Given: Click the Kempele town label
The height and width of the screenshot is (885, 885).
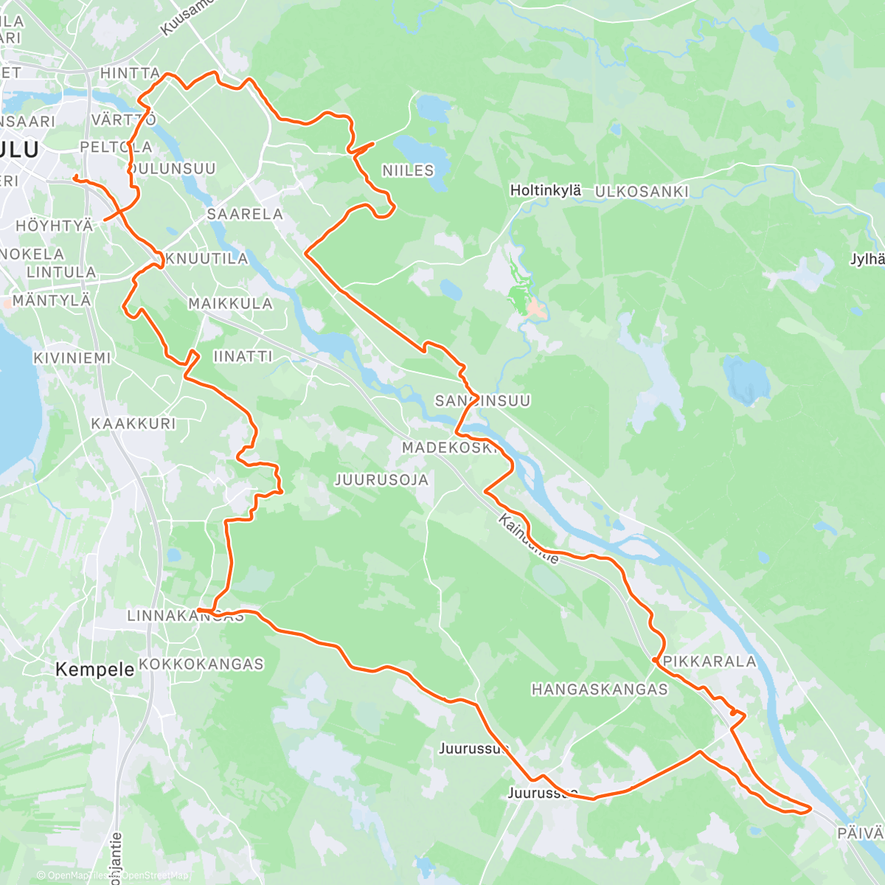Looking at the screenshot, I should point(95,670).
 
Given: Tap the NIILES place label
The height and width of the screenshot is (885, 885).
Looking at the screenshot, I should point(408,170).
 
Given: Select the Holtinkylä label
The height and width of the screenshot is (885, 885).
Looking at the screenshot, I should point(546,190).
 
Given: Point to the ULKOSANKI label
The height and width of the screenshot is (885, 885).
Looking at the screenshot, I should point(642,192).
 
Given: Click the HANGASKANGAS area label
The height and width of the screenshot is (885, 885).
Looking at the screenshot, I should point(600,690).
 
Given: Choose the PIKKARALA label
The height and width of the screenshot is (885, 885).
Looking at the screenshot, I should point(709,662).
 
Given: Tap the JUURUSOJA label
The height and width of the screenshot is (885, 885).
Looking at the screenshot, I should point(381,480).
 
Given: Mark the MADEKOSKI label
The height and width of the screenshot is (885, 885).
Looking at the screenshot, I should point(450,448).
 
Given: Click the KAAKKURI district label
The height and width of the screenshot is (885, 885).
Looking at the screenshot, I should point(133,423).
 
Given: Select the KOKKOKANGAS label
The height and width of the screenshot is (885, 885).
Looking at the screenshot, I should point(201,664).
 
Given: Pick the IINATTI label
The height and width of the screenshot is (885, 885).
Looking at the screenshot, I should point(243,356).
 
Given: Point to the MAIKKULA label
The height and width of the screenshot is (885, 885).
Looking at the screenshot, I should point(230,303).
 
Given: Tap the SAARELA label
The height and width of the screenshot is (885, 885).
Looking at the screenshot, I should point(245,214).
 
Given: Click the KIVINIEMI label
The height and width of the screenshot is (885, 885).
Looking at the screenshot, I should point(72,358).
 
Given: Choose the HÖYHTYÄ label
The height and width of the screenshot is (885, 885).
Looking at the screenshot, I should point(55,226).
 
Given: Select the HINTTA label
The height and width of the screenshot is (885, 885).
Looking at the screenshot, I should point(130,73).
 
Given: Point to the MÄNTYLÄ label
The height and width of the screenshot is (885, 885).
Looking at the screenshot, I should point(52,301).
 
